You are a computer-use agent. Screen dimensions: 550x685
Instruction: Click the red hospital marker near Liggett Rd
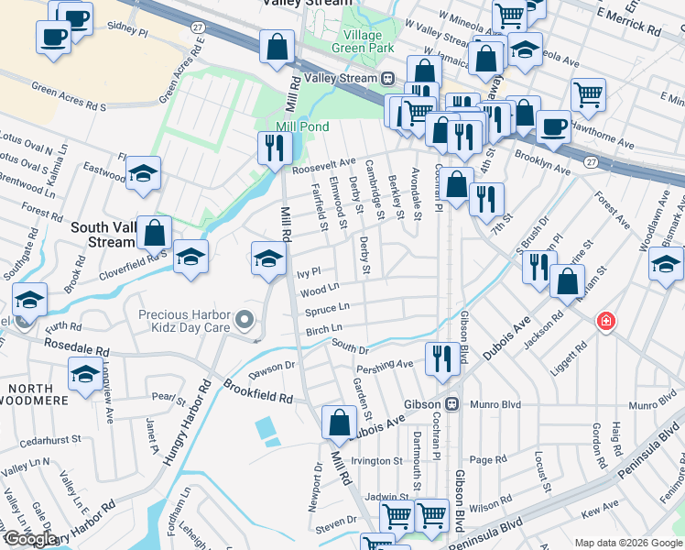(605, 321)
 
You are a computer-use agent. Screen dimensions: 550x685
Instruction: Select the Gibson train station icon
(451, 404)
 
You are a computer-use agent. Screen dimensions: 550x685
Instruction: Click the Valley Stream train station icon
(388, 79)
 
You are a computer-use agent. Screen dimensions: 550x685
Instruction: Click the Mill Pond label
(297, 126)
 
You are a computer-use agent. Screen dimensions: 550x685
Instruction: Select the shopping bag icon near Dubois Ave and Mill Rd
(339, 423)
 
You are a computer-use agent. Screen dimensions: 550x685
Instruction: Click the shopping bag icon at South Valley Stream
(155, 233)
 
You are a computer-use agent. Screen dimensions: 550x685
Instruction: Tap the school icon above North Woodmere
(85, 374)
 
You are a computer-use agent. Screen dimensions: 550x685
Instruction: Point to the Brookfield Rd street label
(259, 393)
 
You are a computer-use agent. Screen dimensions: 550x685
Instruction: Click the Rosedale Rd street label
(78, 349)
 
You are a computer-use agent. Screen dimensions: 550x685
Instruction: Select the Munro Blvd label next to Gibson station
(495, 404)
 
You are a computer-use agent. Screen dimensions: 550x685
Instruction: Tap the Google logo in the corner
(30, 539)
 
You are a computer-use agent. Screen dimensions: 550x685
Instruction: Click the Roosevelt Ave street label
(322, 169)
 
